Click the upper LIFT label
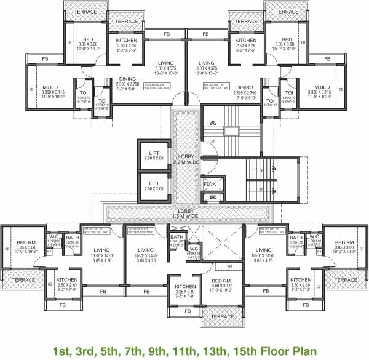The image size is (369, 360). [154, 153]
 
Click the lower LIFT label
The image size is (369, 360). [154, 182]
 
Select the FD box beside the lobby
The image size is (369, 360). [208, 184]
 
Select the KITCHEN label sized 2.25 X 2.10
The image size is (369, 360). [185, 287]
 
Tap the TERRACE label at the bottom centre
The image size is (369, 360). [219, 317]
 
